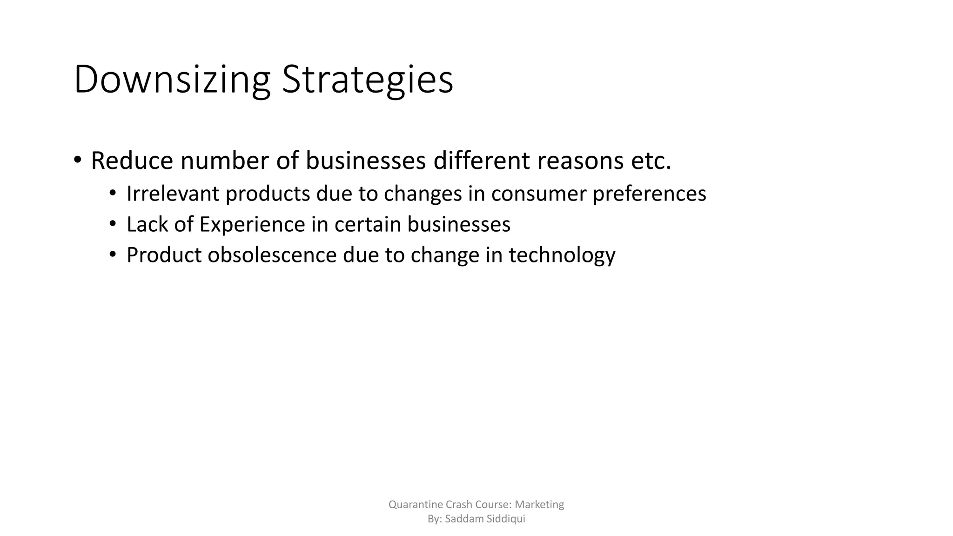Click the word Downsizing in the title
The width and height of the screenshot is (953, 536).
coord(172,80)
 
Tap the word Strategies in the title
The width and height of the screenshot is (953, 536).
coord(367,80)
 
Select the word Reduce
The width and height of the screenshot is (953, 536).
coord(132,161)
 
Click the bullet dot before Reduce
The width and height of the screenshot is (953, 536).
coord(77,160)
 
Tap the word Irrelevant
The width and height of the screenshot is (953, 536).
coord(173,194)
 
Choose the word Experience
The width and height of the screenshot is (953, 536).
coord(252,225)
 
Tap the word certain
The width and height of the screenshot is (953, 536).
coord(367,224)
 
